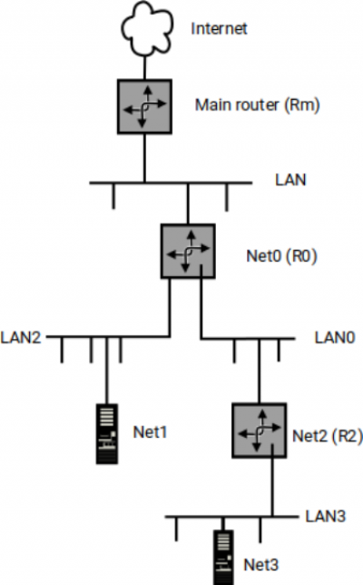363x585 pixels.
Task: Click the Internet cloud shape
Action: pyautogui.click(x=147, y=28)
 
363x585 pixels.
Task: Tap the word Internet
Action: pyautogui.click(x=219, y=29)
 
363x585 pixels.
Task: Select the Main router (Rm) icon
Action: pyautogui.click(x=144, y=106)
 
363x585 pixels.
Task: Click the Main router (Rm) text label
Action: pyautogui.click(x=258, y=105)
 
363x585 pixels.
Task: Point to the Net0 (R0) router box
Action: pyautogui.click(x=188, y=251)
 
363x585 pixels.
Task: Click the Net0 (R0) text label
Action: pyautogui.click(x=281, y=256)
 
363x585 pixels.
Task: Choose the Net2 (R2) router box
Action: pyautogui.click(x=259, y=431)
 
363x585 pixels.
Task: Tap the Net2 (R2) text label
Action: pyautogui.click(x=328, y=436)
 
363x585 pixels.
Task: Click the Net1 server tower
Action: pyautogui.click(x=107, y=434)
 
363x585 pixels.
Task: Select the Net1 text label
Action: pyautogui.click(x=151, y=432)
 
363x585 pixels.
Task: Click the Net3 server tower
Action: pyautogui.click(x=223, y=558)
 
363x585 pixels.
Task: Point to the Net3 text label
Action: pyautogui.click(x=260, y=565)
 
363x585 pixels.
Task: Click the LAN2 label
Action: pyautogui.click(x=21, y=337)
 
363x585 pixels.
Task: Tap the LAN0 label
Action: pyautogui.click(x=335, y=338)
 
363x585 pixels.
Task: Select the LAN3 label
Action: pyautogui.click(x=326, y=516)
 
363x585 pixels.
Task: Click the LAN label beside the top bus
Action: pyautogui.click(x=290, y=180)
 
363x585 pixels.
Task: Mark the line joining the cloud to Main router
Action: pyautogui.click(x=144, y=67)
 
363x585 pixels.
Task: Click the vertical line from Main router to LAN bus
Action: pyautogui.click(x=144, y=158)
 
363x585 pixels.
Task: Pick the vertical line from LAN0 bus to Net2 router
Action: pyautogui.click(x=260, y=372)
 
